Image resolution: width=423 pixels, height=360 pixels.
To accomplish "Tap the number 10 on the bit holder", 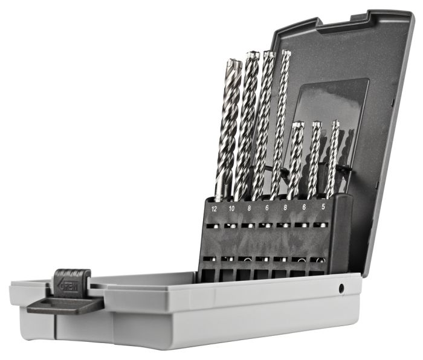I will click(231, 208).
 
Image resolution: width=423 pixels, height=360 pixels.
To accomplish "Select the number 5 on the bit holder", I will click(323, 205).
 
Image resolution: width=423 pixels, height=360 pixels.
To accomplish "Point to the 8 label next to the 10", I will click(249, 208).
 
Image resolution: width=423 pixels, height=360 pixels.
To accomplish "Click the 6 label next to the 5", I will click(305, 206).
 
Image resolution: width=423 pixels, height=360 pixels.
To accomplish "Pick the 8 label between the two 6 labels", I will click(286, 207).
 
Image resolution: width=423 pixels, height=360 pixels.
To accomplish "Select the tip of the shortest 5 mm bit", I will click(335, 124).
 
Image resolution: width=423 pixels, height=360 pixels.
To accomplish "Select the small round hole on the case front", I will click(341, 289).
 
